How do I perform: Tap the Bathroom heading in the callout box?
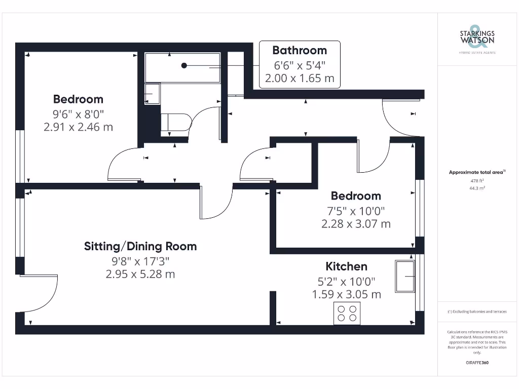tap(299, 50)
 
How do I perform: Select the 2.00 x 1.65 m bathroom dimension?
tap(299, 79)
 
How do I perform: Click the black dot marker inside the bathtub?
tap(184, 65)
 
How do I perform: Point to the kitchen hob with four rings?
tap(347, 313)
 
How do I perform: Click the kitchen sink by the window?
tap(404, 277)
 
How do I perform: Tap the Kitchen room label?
tap(346, 266)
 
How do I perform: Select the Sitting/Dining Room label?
tap(140, 247)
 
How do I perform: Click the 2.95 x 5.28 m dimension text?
tap(140, 274)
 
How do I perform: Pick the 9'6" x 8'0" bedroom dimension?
tap(79, 113)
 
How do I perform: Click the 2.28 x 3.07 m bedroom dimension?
tap(356, 223)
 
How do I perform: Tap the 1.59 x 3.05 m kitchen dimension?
tap(346, 294)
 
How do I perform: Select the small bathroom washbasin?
tap(152, 94)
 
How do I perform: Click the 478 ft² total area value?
tap(476, 180)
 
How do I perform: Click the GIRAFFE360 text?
tap(476, 363)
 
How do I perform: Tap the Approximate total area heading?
tap(476, 173)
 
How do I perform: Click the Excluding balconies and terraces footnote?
tap(476, 312)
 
